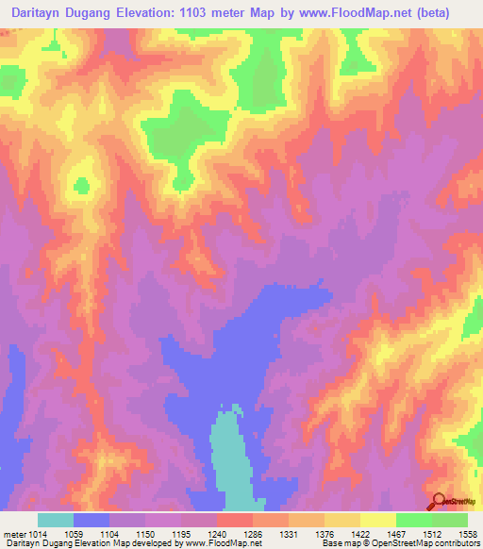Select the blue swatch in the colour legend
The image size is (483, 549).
click(92, 520)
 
